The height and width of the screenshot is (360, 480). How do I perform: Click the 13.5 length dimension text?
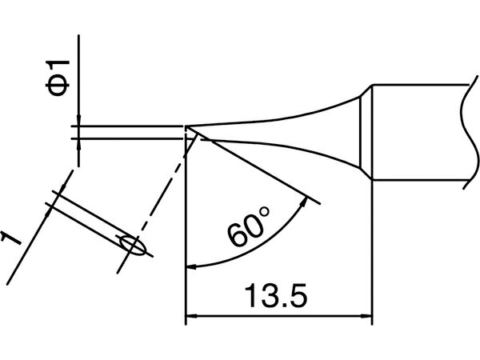point(275,295)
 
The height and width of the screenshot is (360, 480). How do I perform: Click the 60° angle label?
point(248,226)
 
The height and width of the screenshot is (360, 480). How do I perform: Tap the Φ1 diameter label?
point(58,78)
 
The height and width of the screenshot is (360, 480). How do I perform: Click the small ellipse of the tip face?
point(133,246)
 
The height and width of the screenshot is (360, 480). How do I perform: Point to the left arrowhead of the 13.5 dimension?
point(191,316)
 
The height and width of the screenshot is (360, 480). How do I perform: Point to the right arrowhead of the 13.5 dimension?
point(367,316)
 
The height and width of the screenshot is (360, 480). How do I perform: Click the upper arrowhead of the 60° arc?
point(304,202)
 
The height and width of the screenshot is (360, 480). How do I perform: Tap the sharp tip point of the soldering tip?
point(185,126)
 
